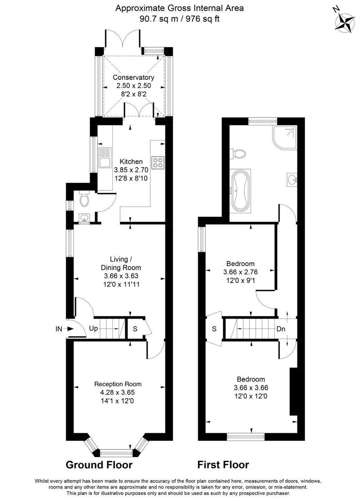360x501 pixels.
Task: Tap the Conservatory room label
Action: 133,78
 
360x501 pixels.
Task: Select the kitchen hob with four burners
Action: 158,162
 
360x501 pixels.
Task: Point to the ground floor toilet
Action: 84,201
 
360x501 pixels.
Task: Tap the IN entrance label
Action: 59,329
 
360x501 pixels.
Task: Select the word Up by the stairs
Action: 93,329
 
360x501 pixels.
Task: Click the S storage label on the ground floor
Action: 135,329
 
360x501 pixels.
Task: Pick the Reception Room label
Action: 118,384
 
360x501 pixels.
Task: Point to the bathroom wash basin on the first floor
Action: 292,180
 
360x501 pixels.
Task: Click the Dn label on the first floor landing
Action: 281,329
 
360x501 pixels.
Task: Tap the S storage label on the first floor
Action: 214,329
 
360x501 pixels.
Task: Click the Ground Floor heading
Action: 99,465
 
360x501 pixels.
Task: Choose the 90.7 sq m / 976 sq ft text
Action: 179,18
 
